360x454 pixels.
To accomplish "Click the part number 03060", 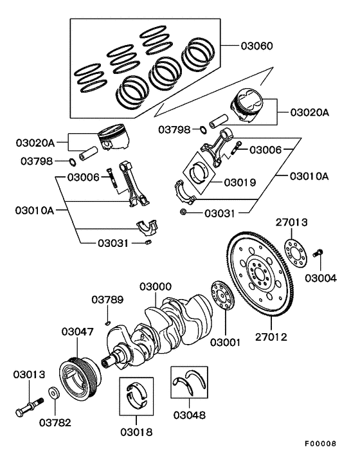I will click(257, 46).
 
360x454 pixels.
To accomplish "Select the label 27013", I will click(292, 222).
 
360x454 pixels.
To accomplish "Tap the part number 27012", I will click(271, 336).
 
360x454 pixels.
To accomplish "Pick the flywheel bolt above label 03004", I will click(318, 255).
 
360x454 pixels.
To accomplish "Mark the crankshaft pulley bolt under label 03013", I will click(28, 404).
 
